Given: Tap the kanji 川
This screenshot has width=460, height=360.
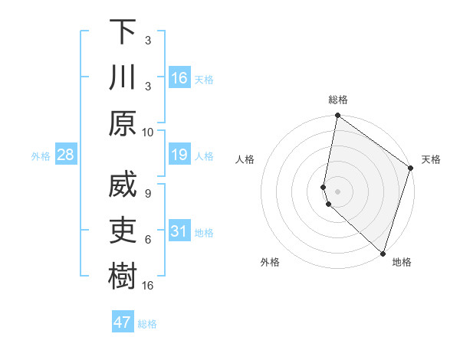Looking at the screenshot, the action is (123, 79).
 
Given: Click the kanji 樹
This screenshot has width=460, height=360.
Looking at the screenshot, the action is (123, 278).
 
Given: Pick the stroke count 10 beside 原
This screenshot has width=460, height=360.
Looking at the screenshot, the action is (148, 132).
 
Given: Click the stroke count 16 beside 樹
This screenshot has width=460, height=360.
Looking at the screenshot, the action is (148, 286).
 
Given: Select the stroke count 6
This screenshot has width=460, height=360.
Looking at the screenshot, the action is (148, 240).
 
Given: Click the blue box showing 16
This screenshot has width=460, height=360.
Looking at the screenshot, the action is (179, 78).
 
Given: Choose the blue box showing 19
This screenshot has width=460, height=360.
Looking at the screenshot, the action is (179, 155).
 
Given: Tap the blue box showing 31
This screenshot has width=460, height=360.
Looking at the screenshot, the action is (179, 231).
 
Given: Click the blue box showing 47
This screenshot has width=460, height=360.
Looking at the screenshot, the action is (123, 322).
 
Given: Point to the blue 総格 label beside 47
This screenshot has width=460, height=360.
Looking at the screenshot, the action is (147, 324).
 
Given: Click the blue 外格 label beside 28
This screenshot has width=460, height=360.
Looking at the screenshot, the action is (41, 156).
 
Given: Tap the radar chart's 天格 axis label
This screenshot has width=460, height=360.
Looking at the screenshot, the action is (431, 159).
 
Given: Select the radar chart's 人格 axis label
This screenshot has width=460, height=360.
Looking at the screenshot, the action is (245, 159).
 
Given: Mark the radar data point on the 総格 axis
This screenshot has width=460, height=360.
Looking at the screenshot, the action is (337, 116).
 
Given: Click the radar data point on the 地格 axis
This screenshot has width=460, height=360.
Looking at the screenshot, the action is (382, 252).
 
